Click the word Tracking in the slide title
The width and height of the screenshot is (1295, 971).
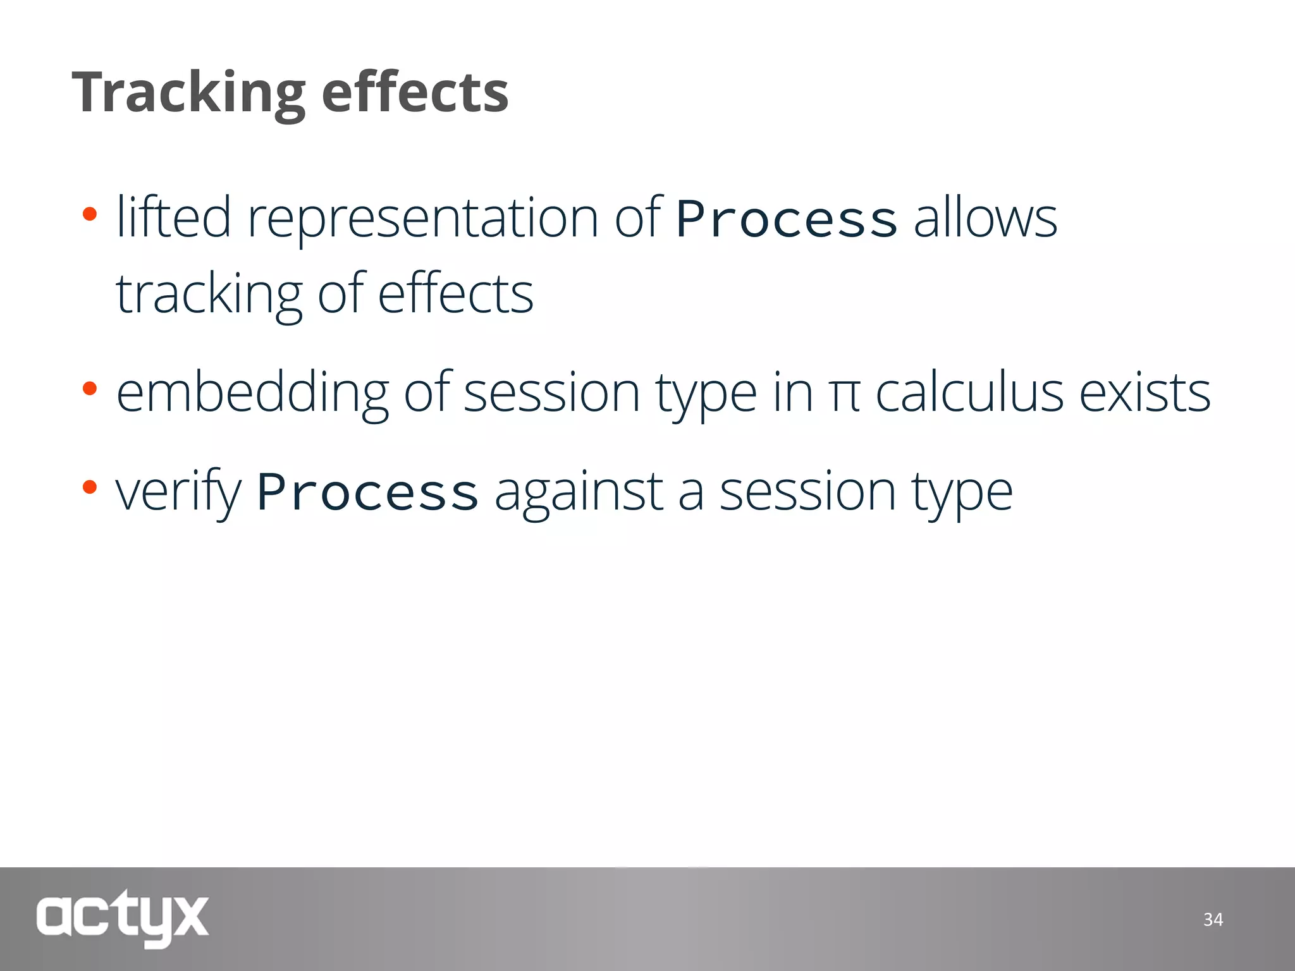point(188,92)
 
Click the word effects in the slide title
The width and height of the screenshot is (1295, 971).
point(415,92)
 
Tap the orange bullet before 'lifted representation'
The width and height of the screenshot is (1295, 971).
point(89,214)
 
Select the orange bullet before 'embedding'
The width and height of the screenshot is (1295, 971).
point(89,388)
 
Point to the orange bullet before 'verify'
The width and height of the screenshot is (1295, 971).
point(89,487)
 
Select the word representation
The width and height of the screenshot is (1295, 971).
point(422,218)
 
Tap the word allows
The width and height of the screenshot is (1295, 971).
point(985,218)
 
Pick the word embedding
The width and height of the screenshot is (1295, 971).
point(252,393)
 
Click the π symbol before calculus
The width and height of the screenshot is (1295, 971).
point(844,394)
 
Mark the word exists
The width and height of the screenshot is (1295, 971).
point(1145,393)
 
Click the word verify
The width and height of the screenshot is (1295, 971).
point(178,492)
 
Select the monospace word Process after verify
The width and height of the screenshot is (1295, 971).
point(367,492)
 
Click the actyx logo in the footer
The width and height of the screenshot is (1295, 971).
point(122,917)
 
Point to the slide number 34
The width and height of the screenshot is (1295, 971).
point(1213,919)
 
